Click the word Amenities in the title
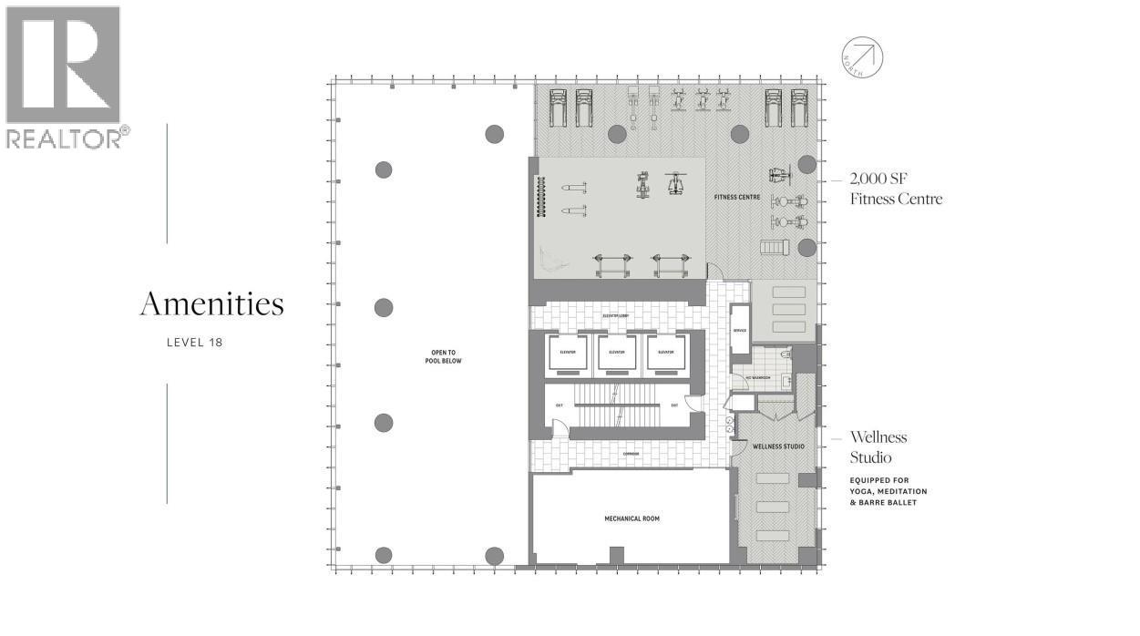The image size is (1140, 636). tap(211, 304)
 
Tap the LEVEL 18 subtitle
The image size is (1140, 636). tap(194, 343)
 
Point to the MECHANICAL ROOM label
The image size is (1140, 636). tap(632, 519)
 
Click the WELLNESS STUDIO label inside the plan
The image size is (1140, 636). tap(777, 446)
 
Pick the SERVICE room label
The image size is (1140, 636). tap(739, 331)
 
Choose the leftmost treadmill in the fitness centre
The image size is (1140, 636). tap(558, 107)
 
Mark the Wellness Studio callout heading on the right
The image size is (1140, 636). tap(878, 446)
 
